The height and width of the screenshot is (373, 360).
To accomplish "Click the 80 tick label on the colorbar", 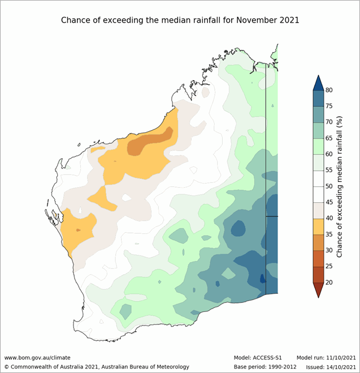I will click(x=329, y=90).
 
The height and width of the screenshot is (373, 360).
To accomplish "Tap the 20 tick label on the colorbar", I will click(x=329, y=281).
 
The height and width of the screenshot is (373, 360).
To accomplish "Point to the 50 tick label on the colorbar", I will click(x=329, y=186).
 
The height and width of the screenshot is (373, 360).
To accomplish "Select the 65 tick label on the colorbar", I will click(x=329, y=138).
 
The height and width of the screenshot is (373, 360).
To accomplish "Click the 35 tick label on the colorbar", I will click(x=329, y=234).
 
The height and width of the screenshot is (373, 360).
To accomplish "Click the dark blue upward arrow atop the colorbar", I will click(x=318, y=84).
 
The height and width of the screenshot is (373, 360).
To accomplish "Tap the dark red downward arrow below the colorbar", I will click(x=318, y=289).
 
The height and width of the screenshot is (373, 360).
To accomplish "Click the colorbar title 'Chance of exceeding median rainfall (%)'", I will click(x=341, y=186).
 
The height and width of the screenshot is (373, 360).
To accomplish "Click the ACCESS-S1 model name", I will click(x=268, y=358).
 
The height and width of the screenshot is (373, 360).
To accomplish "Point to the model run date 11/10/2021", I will click(x=338, y=358).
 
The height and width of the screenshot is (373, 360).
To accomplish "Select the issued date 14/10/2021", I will click(x=338, y=367).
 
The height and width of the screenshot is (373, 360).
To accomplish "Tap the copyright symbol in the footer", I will click(x=6, y=367).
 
